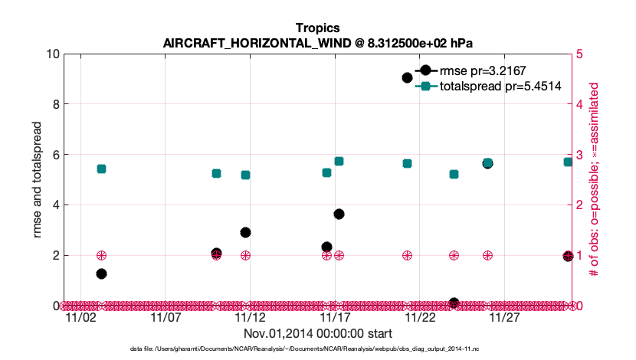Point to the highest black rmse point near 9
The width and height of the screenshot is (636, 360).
tap(408, 77)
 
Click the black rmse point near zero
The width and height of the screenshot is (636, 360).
tap(454, 303)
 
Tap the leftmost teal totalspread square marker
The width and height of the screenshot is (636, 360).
tap(101, 169)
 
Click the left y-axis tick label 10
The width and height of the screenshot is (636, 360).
tap(52, 54)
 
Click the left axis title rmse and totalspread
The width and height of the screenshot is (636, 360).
tap(38, 179)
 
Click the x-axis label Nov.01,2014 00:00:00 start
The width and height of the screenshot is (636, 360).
tap(317, 333)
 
